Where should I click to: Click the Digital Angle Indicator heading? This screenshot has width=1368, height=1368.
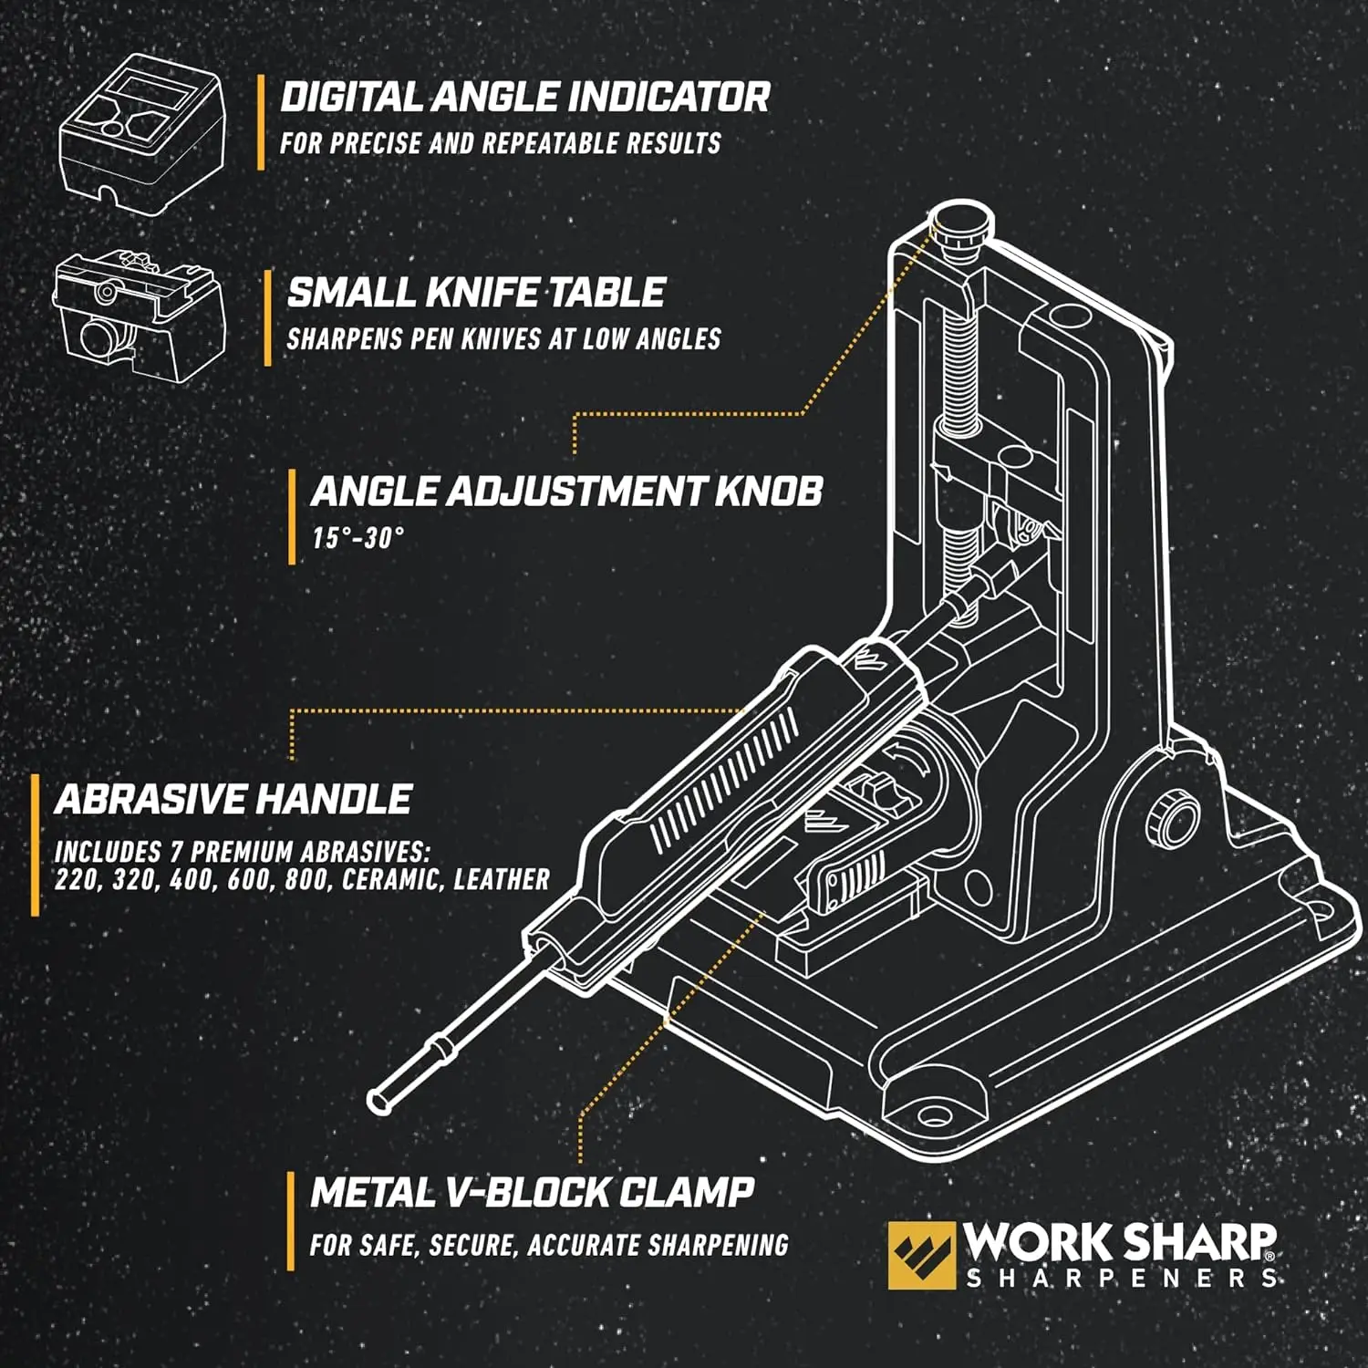point(524,98)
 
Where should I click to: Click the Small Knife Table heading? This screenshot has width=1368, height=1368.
point(475,293)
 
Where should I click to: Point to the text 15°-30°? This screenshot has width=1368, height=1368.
point(357,538)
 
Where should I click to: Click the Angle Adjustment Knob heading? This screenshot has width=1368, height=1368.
point(565,492)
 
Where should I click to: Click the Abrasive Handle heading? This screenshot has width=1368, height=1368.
point(233,800)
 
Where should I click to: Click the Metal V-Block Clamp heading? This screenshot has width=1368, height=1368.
point(532,1193)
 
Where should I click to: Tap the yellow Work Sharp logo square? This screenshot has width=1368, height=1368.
point(920,1255)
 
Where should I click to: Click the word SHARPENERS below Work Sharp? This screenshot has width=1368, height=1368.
point(1121,1279)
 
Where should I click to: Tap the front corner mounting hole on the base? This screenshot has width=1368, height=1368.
point(932,1115)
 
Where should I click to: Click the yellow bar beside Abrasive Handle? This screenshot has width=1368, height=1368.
point(35,845)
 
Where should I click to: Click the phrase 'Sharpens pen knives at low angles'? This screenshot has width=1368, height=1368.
point(503,339)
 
